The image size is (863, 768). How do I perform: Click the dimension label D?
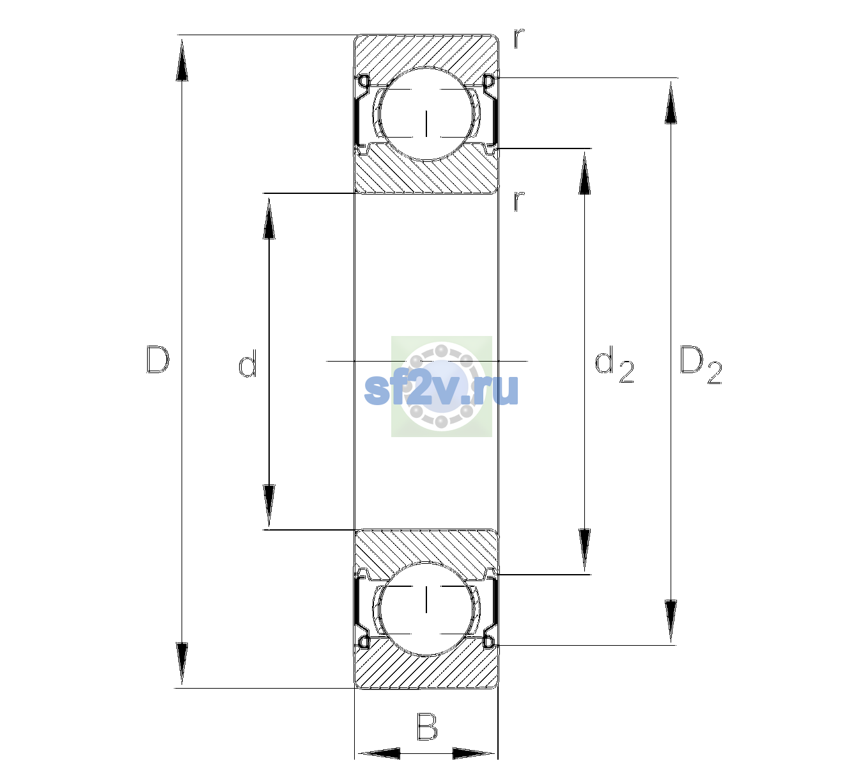[x=158, y=360]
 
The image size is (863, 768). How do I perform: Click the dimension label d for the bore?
[x=247, y=363]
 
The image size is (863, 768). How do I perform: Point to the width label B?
[x=427, y=726]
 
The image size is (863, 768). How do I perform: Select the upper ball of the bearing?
[x=426, y=114]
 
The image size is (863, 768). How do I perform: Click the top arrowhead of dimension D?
[x=182, y=60]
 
